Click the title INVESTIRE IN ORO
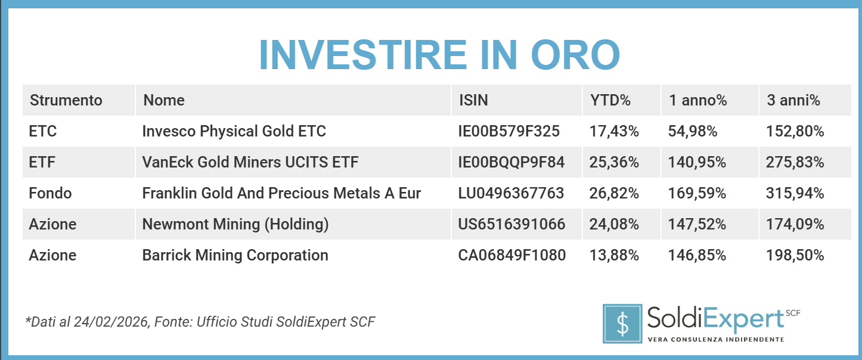(439, 55)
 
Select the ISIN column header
(473, 100)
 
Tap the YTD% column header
(610, 100)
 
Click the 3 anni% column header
(793, 100)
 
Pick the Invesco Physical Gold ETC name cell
(234, 131)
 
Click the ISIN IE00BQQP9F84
(511, 162)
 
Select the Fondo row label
(50, 193)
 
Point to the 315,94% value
(795, 193)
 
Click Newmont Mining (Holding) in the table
(235, 224)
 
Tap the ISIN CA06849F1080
(511, 255)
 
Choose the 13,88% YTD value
(614, 255)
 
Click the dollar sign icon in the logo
(622, 324)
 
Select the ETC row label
(43, 131)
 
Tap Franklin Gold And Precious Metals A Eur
(281, 193)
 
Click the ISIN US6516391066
(511, 224)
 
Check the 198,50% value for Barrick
(795, 255)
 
